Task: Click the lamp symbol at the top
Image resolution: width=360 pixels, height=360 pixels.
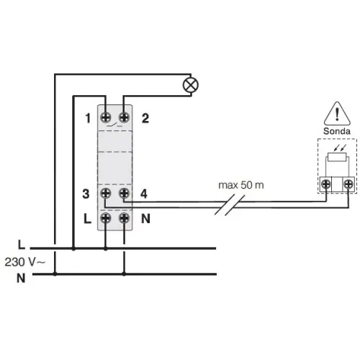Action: pos(191,85)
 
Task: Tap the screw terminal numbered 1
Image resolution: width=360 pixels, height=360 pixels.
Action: pos(105,117)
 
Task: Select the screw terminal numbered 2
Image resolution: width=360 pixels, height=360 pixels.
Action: pos(124,117)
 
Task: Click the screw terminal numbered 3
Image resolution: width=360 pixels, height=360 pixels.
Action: pos(105,193)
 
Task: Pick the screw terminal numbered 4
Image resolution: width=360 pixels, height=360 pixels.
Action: pos(124,193)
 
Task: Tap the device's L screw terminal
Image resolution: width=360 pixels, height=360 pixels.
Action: pos(105,218)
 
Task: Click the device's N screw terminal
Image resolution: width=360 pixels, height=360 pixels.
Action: pos(124,218)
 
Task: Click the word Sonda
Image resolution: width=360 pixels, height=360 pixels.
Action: pos(337,131)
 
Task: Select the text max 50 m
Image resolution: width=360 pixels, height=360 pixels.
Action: pos(241,185)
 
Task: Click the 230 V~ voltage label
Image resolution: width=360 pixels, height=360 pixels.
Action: pos(24,262)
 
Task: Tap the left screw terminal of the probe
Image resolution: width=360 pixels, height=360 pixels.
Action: pos(325,184)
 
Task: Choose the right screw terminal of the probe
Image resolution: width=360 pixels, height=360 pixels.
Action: pos(348,184)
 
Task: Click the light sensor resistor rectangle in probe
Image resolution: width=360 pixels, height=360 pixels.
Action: pos(337,157)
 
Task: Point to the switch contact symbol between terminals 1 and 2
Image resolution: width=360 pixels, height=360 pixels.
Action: pos(114,125)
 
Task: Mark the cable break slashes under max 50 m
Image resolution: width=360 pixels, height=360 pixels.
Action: pos(230,204)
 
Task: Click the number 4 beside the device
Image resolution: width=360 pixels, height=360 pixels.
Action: pos(144,194)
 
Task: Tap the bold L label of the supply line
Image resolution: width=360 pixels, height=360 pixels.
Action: pos(22,245)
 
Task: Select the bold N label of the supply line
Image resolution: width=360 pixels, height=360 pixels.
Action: pos(21,278)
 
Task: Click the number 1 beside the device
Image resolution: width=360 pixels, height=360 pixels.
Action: pos(88,118)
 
